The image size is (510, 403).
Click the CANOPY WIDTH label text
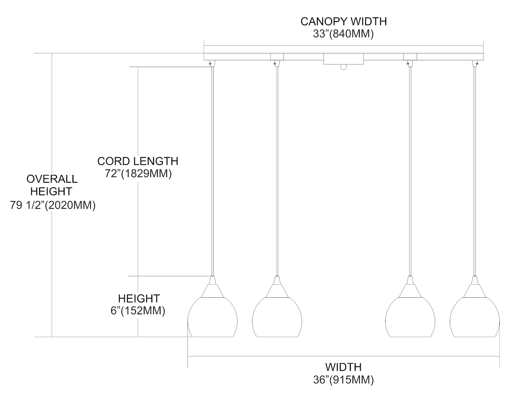pos(343,21)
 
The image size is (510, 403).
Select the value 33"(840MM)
pos(343,34)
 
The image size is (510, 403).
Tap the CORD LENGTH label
pos(138,161)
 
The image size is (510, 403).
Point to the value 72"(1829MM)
pos(138,173)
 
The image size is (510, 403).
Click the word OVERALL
pos(52,179)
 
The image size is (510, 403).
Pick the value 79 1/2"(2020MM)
pos(53,205)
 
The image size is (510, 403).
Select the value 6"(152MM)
pos(138,311)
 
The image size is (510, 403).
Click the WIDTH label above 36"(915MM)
pos(343,367)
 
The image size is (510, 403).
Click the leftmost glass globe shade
pos(213,318)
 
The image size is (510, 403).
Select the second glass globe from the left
pos(277,318)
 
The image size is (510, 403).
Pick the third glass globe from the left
pos(410,318)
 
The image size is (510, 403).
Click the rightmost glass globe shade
pos(475,318)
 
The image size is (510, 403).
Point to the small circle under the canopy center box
pos(343,67)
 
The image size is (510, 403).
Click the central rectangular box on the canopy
pos(343,59)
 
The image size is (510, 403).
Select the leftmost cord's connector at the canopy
pos(212,63)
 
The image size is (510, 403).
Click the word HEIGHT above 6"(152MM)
pos(139,299)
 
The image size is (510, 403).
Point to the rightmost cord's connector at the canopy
pos(475,63)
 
